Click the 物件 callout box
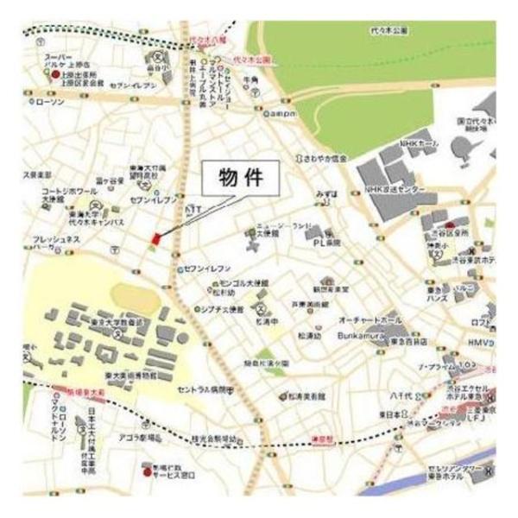(236, 180)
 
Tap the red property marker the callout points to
(156, 238)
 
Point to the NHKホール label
(415, 143)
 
